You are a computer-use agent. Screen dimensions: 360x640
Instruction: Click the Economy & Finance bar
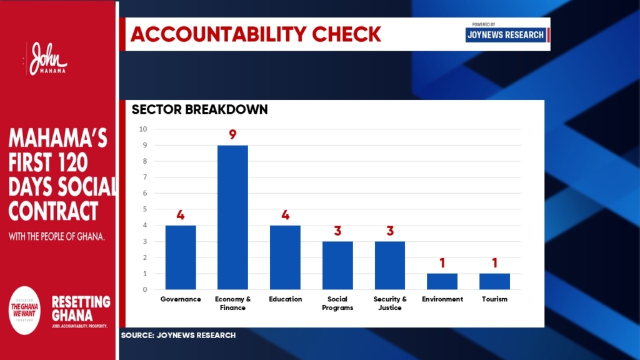tap(232, 217)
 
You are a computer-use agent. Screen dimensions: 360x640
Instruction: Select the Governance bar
tap(181, 257)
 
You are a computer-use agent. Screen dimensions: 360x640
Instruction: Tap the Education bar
tap(285, 257)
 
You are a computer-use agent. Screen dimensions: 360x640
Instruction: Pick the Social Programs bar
tap(337, 265)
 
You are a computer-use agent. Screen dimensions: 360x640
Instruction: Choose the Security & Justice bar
tap(390, 265)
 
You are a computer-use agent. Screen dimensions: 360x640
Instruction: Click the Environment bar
tap(442, 281)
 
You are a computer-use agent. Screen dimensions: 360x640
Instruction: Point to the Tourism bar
tap(494, 281)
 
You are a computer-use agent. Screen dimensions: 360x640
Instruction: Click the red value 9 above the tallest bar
tap(232, 134)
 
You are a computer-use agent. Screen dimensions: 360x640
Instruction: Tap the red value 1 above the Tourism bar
tap(494, 262)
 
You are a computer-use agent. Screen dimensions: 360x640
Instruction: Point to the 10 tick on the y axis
tap(143, 129)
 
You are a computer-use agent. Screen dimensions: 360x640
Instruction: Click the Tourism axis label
tap(494, 299)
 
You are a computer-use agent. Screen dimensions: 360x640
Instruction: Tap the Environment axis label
tap(442, 299)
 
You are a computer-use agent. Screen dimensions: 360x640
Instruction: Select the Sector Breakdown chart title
tap(199, 110)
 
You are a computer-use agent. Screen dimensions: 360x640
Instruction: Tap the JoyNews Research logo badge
tap(506, 34)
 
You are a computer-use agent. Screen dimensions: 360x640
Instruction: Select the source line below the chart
tap(178, 336)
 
